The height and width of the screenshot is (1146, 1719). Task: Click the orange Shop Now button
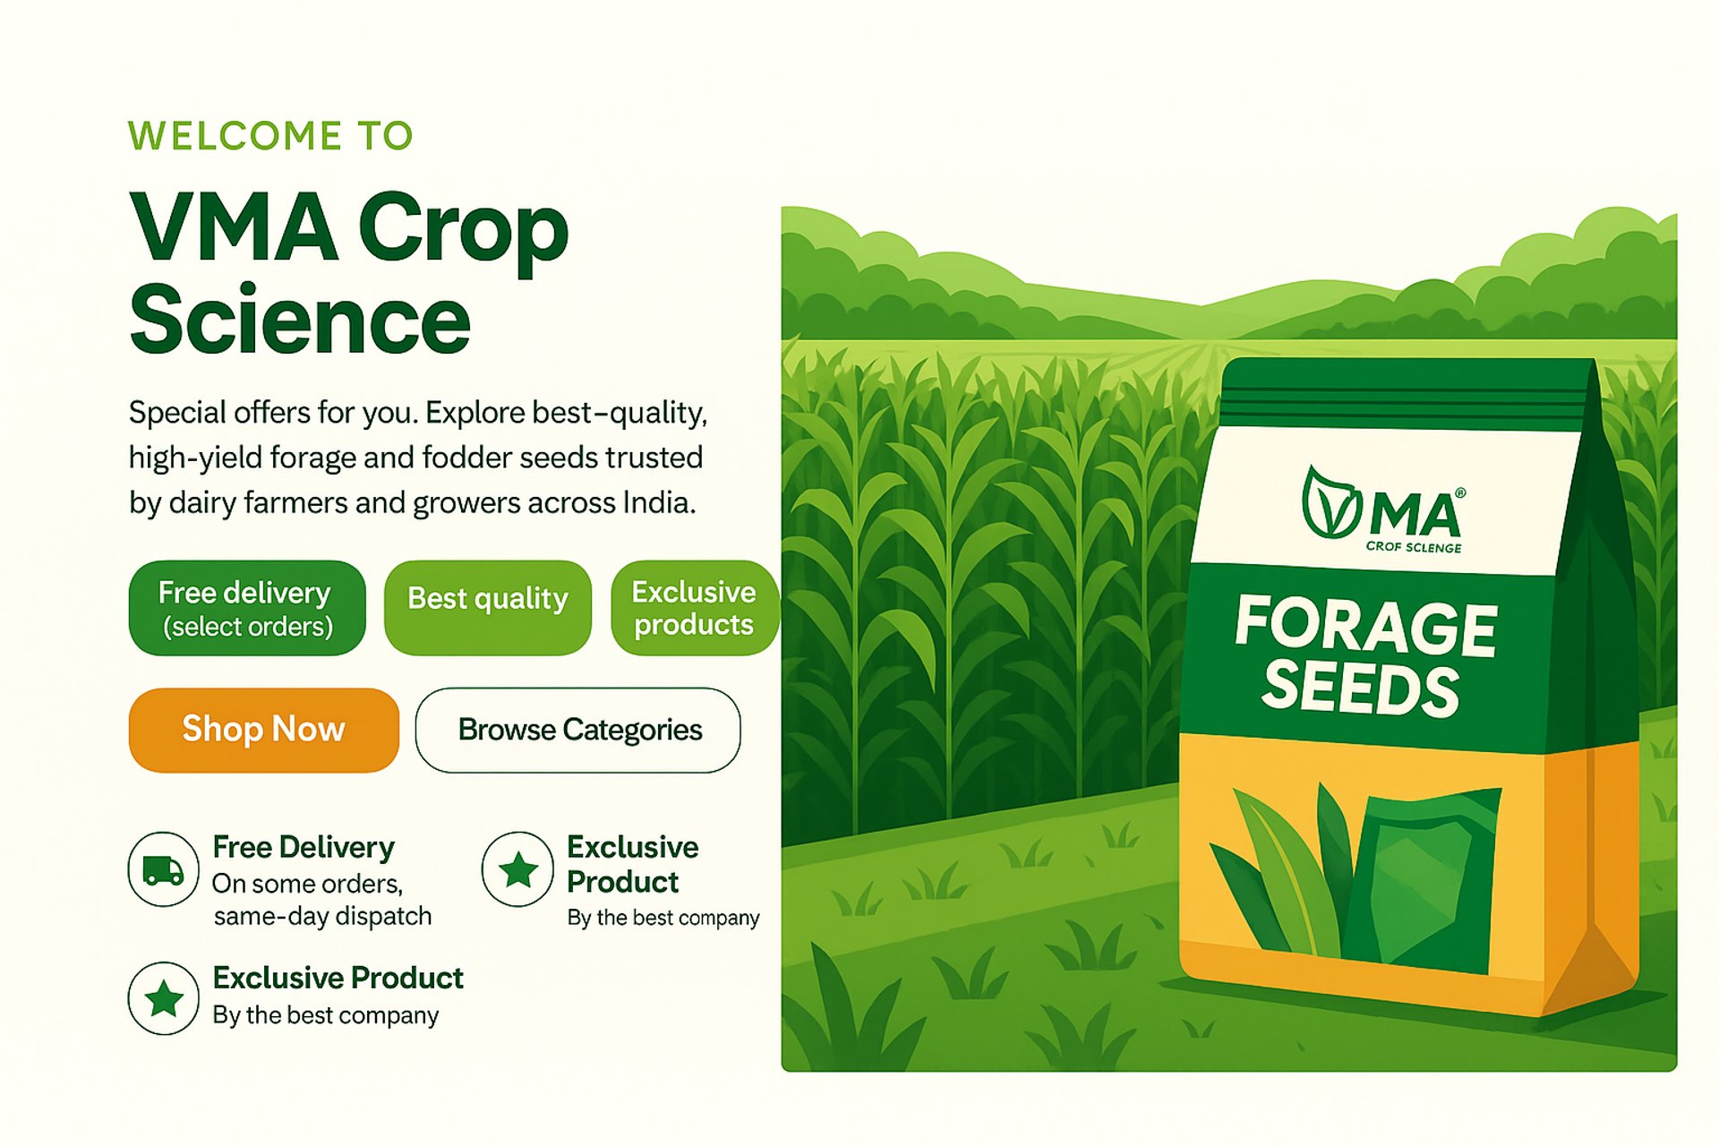click(264, 730)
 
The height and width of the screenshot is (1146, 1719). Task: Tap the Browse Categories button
click(578, 730)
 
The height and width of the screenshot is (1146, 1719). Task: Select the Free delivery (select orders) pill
click(247, 608)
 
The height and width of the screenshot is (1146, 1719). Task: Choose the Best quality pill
click(488, 608)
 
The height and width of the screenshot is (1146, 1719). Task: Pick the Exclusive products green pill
click(695, 608)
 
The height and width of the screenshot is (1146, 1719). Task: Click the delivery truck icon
click(163, 869)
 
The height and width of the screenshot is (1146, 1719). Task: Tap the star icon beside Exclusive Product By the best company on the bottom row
click(163, 998)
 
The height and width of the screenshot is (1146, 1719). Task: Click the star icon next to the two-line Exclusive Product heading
click(517, 869)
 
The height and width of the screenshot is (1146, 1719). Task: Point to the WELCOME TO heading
click(270, 136)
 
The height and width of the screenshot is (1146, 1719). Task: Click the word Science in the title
click(300, 320)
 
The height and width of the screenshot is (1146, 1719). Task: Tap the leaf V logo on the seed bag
click(1331, 503)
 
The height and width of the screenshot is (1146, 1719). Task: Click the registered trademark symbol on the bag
click(1460, 493)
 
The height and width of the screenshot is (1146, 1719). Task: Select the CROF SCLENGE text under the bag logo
click(1414, 547)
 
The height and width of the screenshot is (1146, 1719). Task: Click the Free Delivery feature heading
click(304, 847)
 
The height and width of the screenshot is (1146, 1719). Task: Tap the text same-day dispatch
click(322, 916)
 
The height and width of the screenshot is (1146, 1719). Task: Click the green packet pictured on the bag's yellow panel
click(1424, 882)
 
